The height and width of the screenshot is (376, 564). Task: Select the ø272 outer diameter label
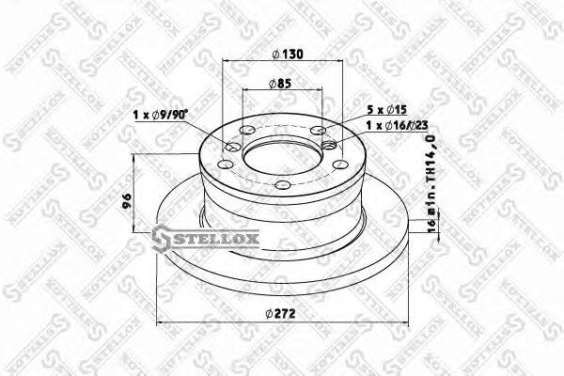282,315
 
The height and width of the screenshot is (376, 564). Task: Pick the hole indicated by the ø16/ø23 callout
329,146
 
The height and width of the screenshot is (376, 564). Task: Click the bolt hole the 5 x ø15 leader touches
318,131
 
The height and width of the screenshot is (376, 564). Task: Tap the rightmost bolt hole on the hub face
341,164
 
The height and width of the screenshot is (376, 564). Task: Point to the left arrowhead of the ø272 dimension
157,323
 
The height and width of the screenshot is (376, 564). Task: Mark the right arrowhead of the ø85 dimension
318,91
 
